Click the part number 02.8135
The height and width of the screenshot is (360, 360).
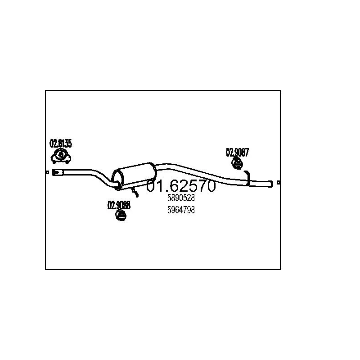(60, 144)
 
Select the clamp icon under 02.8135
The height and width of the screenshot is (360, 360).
(61, 156)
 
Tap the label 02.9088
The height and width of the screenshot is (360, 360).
(118, 206)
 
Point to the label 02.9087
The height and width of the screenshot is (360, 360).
(237, 153)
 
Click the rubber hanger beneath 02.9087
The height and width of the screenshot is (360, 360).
(237, 163)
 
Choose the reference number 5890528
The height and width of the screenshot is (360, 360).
(181, 198)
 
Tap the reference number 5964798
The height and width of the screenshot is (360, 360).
(181, 210)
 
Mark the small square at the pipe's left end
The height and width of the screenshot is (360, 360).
(47, 172)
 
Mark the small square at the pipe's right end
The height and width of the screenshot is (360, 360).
(279, 183)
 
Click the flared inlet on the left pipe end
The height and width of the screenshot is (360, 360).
(58, 172)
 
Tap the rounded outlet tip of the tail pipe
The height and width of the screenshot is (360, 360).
(271, 183)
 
